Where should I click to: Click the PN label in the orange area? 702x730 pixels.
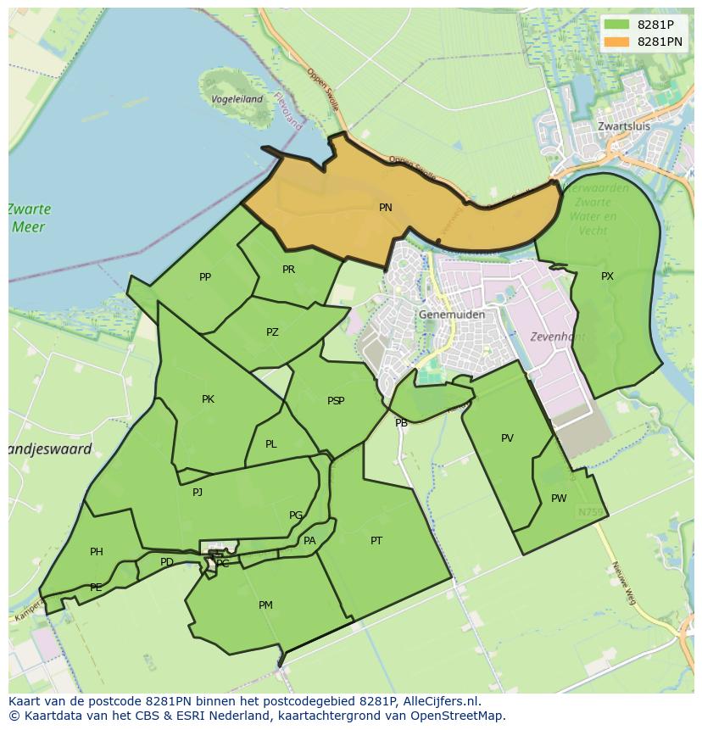point(386,208)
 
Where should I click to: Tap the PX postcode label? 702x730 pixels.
point(607,276)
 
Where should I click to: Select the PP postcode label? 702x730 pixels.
point(205,277)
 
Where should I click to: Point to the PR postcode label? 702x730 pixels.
point(288,270)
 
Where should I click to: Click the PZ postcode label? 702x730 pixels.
point(272,332)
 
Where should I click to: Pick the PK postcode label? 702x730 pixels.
point(208,399)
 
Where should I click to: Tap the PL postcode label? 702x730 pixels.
point(270,444)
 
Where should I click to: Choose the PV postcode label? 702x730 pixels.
point(507,438)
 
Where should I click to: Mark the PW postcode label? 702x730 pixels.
point(559,499)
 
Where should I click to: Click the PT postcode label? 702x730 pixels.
point(376,540)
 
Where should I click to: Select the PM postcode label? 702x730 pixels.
point(265,605)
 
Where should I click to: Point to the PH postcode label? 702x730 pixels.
point(97,552)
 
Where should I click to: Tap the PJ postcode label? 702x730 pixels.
point(198,492)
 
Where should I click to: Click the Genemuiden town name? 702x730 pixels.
point(452,315)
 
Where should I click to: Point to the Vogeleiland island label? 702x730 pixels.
point(237,99)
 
